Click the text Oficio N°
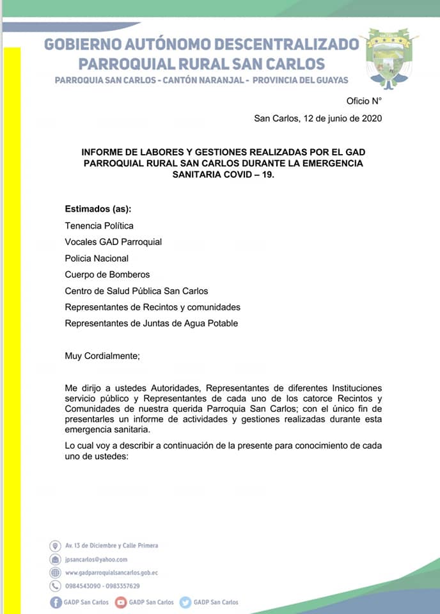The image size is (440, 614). (x=364, y=101)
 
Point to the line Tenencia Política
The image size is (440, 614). (x=99, y=226)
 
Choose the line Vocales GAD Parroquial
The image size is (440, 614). (x=113, y=242)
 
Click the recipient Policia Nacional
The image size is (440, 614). (x=97, y=258)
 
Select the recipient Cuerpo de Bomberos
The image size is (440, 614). (x=107, y=274)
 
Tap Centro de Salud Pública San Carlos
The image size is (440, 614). (x=136, y=291)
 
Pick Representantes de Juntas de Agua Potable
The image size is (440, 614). (x=151, y=324)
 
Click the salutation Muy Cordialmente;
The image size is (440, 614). (x=102, y=356)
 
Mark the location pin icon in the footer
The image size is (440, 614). (x=55, y=546)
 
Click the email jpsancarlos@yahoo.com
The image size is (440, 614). (x=96, y=559)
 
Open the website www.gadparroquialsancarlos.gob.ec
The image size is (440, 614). (x=111, y=572)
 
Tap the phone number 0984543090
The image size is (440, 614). (x=82, y=586)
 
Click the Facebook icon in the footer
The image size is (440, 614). (x=56, y=602)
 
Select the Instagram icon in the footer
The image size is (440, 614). (x=120, y=602)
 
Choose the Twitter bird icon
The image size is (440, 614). (x=185, y=602)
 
